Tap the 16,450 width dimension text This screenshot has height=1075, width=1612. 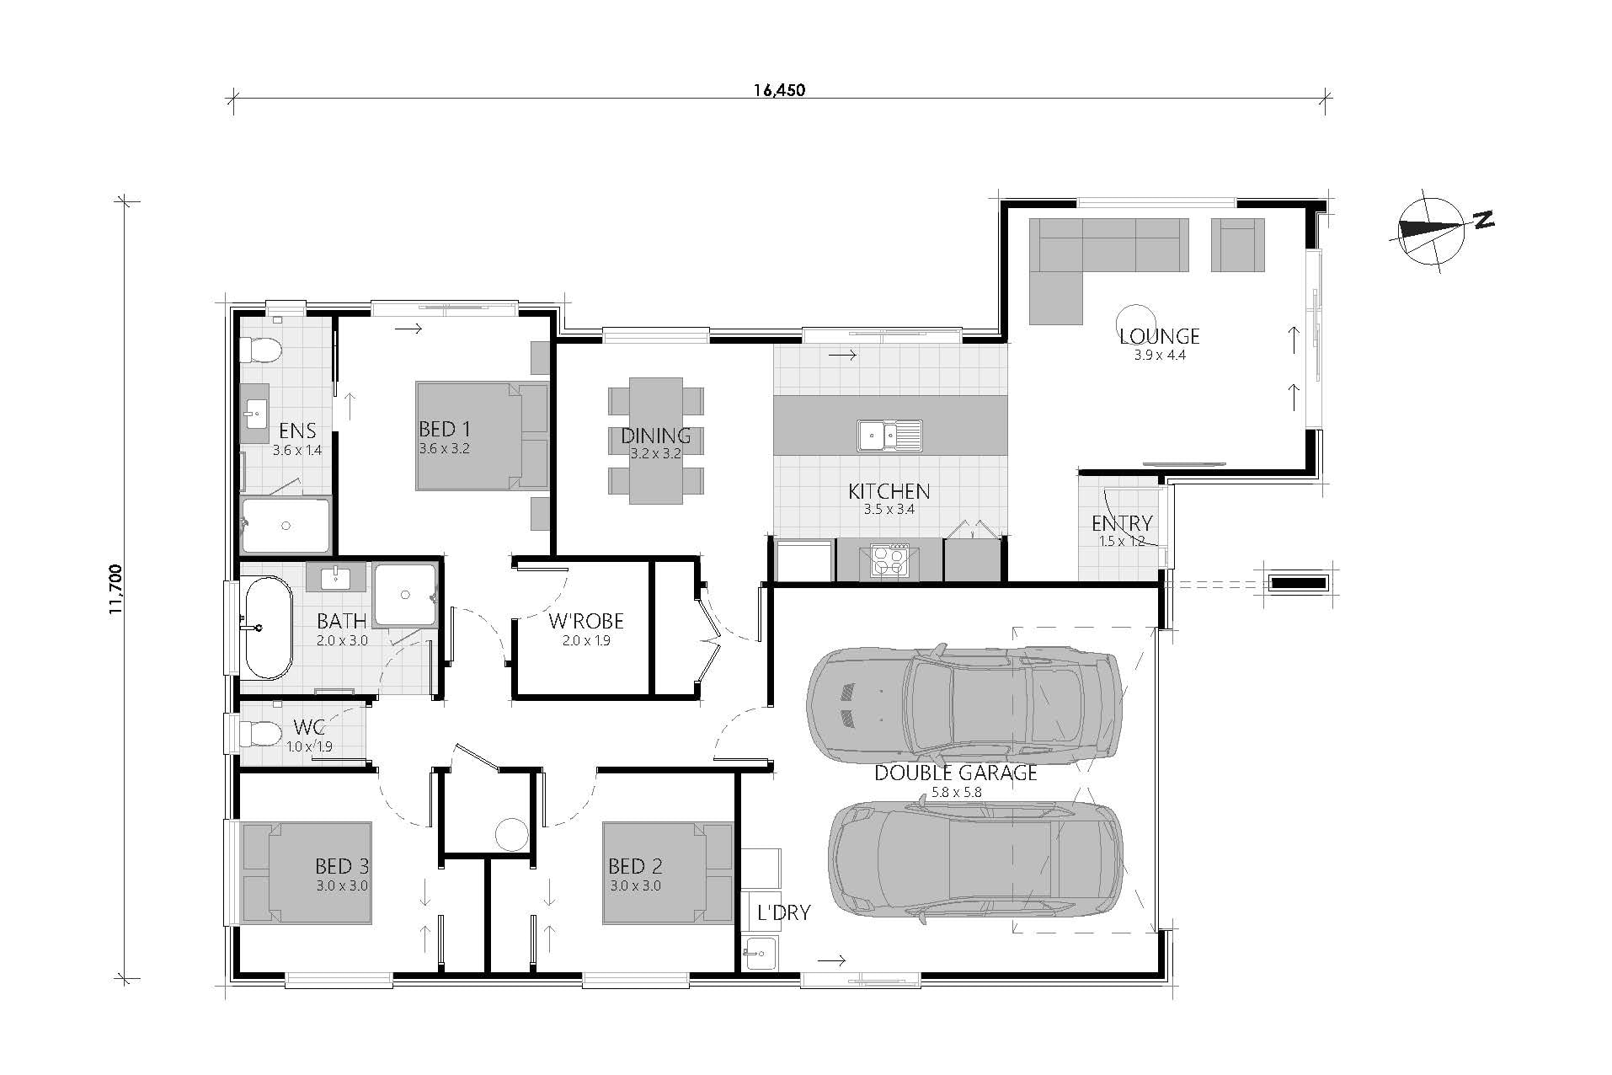click(779, 89)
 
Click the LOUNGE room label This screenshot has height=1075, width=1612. click(1159, 336)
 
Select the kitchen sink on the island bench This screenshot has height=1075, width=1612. click(890, 436)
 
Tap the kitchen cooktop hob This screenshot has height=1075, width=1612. click(889, 560)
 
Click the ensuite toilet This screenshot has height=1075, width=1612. click(260, 350)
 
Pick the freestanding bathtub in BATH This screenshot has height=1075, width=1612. click(267, 627)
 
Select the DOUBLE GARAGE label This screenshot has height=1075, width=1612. click(955, 773)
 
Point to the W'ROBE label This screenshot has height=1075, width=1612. click(586, 622)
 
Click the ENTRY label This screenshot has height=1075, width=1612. click(1122, 523)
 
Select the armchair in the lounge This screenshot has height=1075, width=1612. click(1238, 244)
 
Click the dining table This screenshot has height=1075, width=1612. click(655, 441)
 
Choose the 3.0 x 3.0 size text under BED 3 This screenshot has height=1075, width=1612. click(342, 885)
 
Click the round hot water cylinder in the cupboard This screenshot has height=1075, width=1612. click(510, 834)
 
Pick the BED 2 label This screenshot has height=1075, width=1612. click(635, 866)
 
